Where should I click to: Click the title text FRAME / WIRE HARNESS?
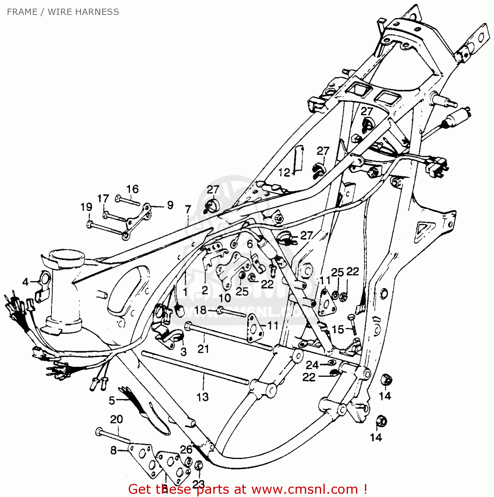tap(63, 12)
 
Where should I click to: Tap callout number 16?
tap(132, 189)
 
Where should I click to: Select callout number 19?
tap(86, 207)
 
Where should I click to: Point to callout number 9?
tap(170, 205)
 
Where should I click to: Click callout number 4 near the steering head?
tap(26, 282)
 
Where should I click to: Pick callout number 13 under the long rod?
tap(202, 397)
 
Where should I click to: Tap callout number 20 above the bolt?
tap(116, 419)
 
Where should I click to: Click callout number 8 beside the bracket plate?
tap(113, 450)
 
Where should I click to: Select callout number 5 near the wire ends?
tap(112, 400)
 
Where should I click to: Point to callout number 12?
tap(284, 173)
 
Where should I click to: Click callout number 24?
tap(312, 365)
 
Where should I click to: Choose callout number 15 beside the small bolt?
tap(338, 329)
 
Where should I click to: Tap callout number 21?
tap(203, 349)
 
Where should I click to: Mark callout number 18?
tap(200, 310)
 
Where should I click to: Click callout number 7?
tap(188, 209)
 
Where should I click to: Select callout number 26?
tap(186, 449)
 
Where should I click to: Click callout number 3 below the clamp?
tap(183, 352)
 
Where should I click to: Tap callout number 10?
tap(225, 298)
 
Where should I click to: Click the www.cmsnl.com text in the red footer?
tap(304, 489)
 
